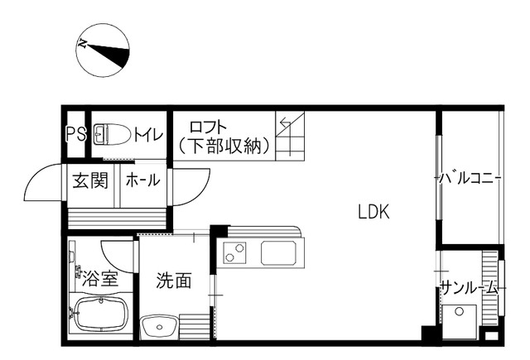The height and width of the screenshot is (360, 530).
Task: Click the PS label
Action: coord(75,134)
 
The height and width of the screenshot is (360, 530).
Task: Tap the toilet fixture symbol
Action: coord(112,134)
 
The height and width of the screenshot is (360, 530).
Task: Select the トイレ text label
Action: coord(148,134)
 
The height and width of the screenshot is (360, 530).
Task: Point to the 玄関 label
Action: coord(90,180)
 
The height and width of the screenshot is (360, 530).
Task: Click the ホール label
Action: coord(142,180)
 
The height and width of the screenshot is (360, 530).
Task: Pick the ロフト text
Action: coord(208,127)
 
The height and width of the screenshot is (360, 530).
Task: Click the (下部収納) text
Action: coord(224,146)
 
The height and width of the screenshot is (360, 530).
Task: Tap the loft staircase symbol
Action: coord(290,136)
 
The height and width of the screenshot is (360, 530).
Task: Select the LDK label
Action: coord(373,212)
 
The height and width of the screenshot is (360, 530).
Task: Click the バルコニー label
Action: coord(469,178)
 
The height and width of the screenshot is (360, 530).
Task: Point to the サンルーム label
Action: coord(470,288)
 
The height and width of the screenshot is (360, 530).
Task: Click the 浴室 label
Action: coord(100,279)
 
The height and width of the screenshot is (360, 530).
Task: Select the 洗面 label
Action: coord(173,280)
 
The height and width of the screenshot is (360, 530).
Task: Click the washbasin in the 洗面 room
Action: coord(159,327)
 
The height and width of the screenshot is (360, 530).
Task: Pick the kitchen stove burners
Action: coord(235,252)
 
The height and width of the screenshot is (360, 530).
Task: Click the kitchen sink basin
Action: coord(279,253)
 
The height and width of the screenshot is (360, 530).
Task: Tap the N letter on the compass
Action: coord(83,44)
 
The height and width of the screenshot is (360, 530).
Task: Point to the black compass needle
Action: coord(108,54)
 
